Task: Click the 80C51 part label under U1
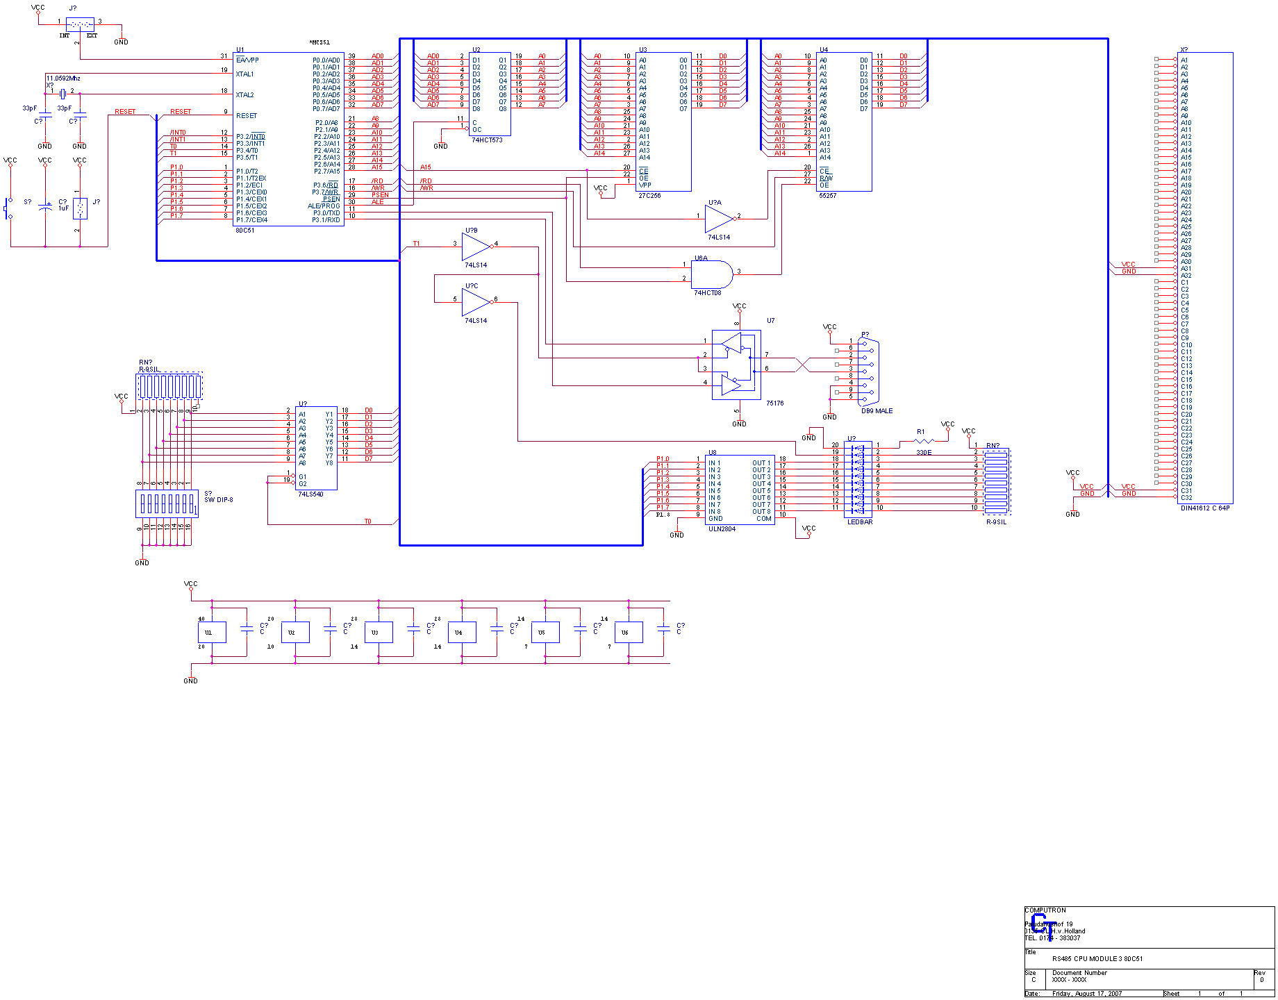pos(245,231)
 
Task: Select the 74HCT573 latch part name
pos(487,140)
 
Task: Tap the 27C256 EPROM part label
pos(649,196)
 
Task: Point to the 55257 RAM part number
pos(827,196)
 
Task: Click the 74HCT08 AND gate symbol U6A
pos(712,275)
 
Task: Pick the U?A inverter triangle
pos(718,219)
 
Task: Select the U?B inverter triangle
pos(476,247)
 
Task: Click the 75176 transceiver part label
pos(774,403)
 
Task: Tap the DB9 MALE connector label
pos(877,411)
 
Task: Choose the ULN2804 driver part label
pos(722,529)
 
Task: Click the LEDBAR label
pos(860,522)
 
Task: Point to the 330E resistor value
pos(924,453)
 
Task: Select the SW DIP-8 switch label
pos(218,500)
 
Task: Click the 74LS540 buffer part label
pos(310,494)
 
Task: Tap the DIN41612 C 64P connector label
pos(1205,508)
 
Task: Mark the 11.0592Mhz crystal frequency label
pos(63,78)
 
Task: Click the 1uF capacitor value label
pos(64,208)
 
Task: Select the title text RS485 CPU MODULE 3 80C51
pos(1097,959)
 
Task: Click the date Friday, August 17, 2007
pos(1086,994)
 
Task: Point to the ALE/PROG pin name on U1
pos(324,206)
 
